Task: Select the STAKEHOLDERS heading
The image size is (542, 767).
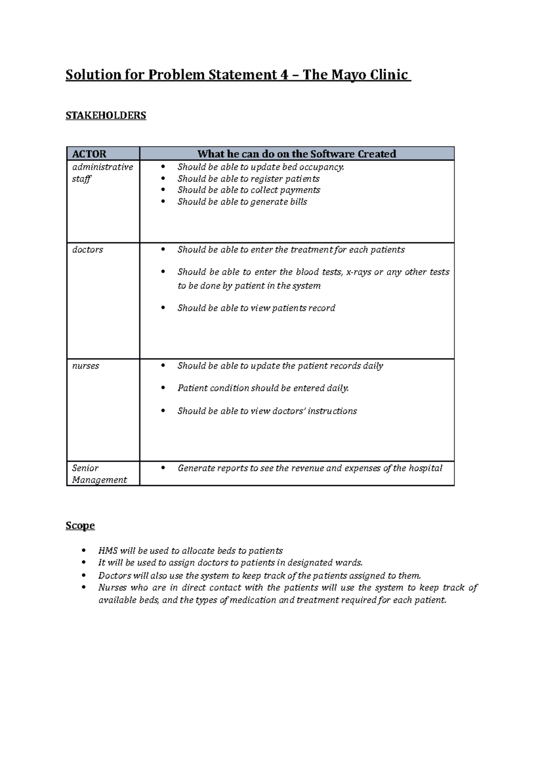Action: pyautogui.click(x=106, y=116)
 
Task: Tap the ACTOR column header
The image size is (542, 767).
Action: pyautogui.click(x=89, y=154)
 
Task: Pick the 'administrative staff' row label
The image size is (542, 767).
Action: pyautogui.click(x=102, y=173)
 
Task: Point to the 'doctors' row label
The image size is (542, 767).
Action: pyautogui.click(x=88, y=250)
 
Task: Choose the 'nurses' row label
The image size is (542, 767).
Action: pyautogui.click(x=85, y=366)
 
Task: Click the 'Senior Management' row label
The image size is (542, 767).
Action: pyautogui.click(x=99, y=474)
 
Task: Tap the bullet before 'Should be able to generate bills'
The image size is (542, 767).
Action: pyautogui.click(x=164, y=202)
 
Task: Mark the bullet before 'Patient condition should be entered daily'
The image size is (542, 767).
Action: pyautogui.click(x=164, y=388)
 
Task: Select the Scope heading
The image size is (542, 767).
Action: pyautogui.click(x=80, y=525)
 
